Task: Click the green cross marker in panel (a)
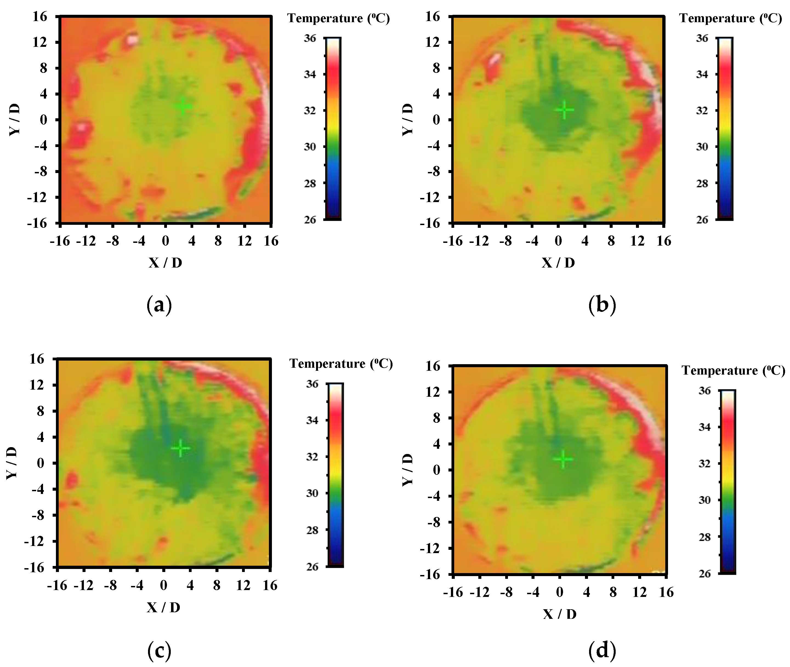[x=183, y=106]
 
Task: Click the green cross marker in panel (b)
[x=564, y=110]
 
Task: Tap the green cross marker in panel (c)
[x=181, y=449]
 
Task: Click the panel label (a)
[x=159, y=305]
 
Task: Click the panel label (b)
[x=602, y=305]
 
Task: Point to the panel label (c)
[x=159, y=650]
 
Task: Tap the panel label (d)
[x=602, y=650]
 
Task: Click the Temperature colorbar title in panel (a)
[x=338, y=18]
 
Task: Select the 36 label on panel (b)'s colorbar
[x=702, y=38]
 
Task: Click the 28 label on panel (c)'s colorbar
[x=312, y=530]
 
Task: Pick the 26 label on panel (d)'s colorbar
[x=704, y=574]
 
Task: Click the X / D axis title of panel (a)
[x=165, y=262]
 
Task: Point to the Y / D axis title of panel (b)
[x=408, y=119]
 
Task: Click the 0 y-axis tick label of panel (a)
[x=44, y=120]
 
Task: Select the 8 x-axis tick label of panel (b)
[x=611, y=241]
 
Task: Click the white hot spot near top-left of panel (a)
[x=132, y=39]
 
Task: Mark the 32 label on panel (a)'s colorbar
[x=310, y=110]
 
